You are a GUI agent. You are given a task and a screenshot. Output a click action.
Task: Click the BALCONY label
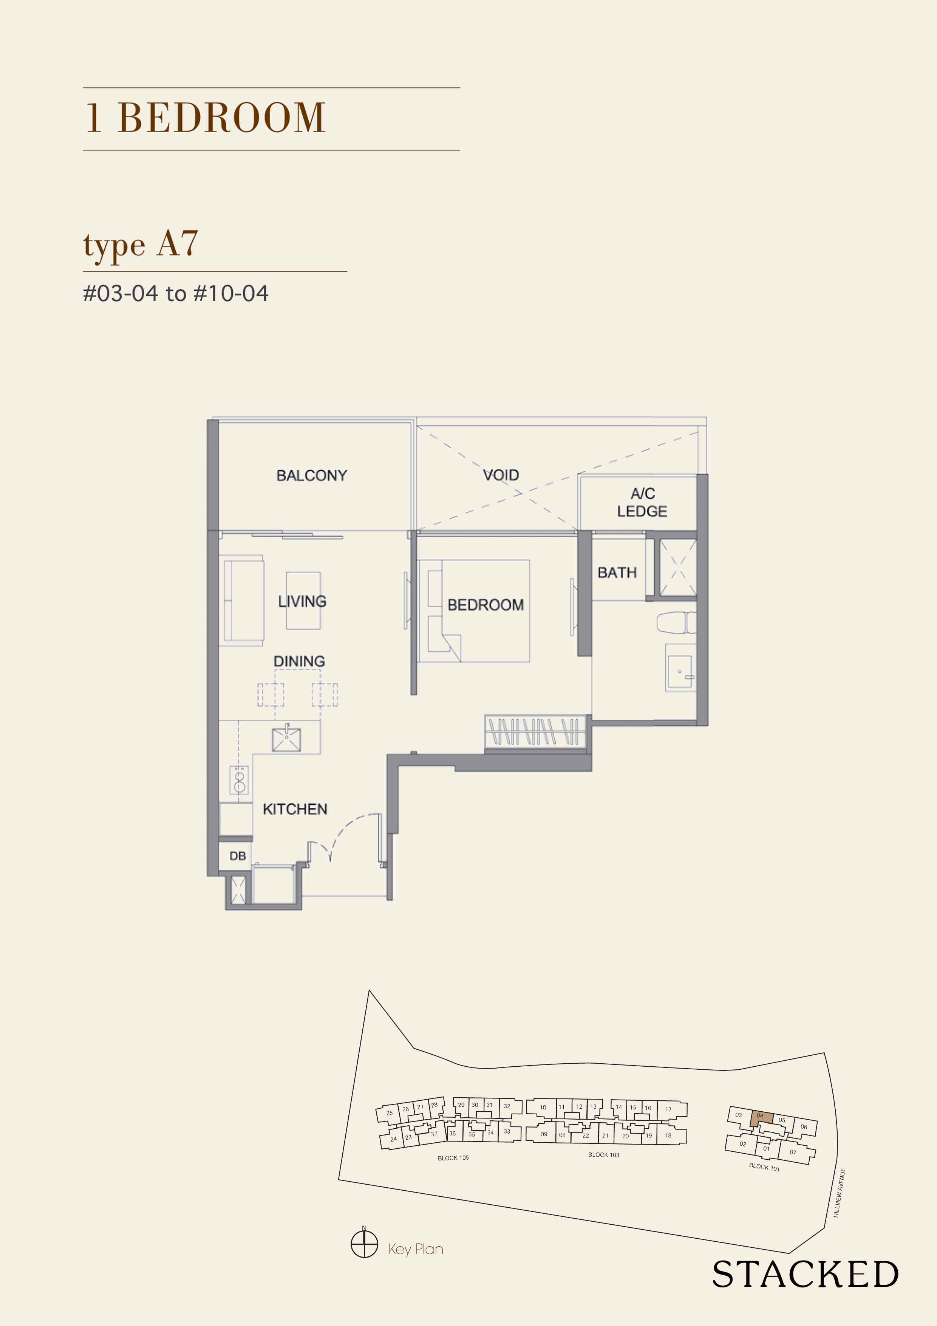point(312,475)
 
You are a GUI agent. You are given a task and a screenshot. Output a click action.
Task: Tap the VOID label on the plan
point(501,475)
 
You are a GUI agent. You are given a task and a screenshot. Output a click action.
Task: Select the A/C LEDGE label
point(642,502)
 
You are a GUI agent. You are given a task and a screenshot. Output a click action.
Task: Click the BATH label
point(617,572)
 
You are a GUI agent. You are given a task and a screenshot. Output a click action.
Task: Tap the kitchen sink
point(287,739)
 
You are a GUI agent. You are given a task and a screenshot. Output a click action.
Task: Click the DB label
point(237,856)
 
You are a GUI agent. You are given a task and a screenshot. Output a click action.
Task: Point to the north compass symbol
point(364,1244)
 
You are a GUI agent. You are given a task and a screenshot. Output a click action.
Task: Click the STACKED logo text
point(805,1275)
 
